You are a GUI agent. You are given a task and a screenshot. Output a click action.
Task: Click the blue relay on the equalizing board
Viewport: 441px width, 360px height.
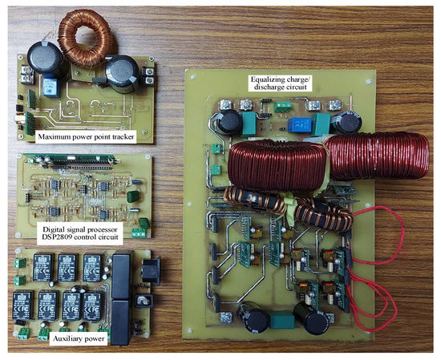305,124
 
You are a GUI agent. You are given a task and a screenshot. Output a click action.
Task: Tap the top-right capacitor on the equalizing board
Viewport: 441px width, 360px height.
346,122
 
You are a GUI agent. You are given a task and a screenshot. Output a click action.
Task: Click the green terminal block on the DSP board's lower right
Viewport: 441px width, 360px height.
144,224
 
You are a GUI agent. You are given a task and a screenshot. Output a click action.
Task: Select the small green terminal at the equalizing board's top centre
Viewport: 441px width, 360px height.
281,106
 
